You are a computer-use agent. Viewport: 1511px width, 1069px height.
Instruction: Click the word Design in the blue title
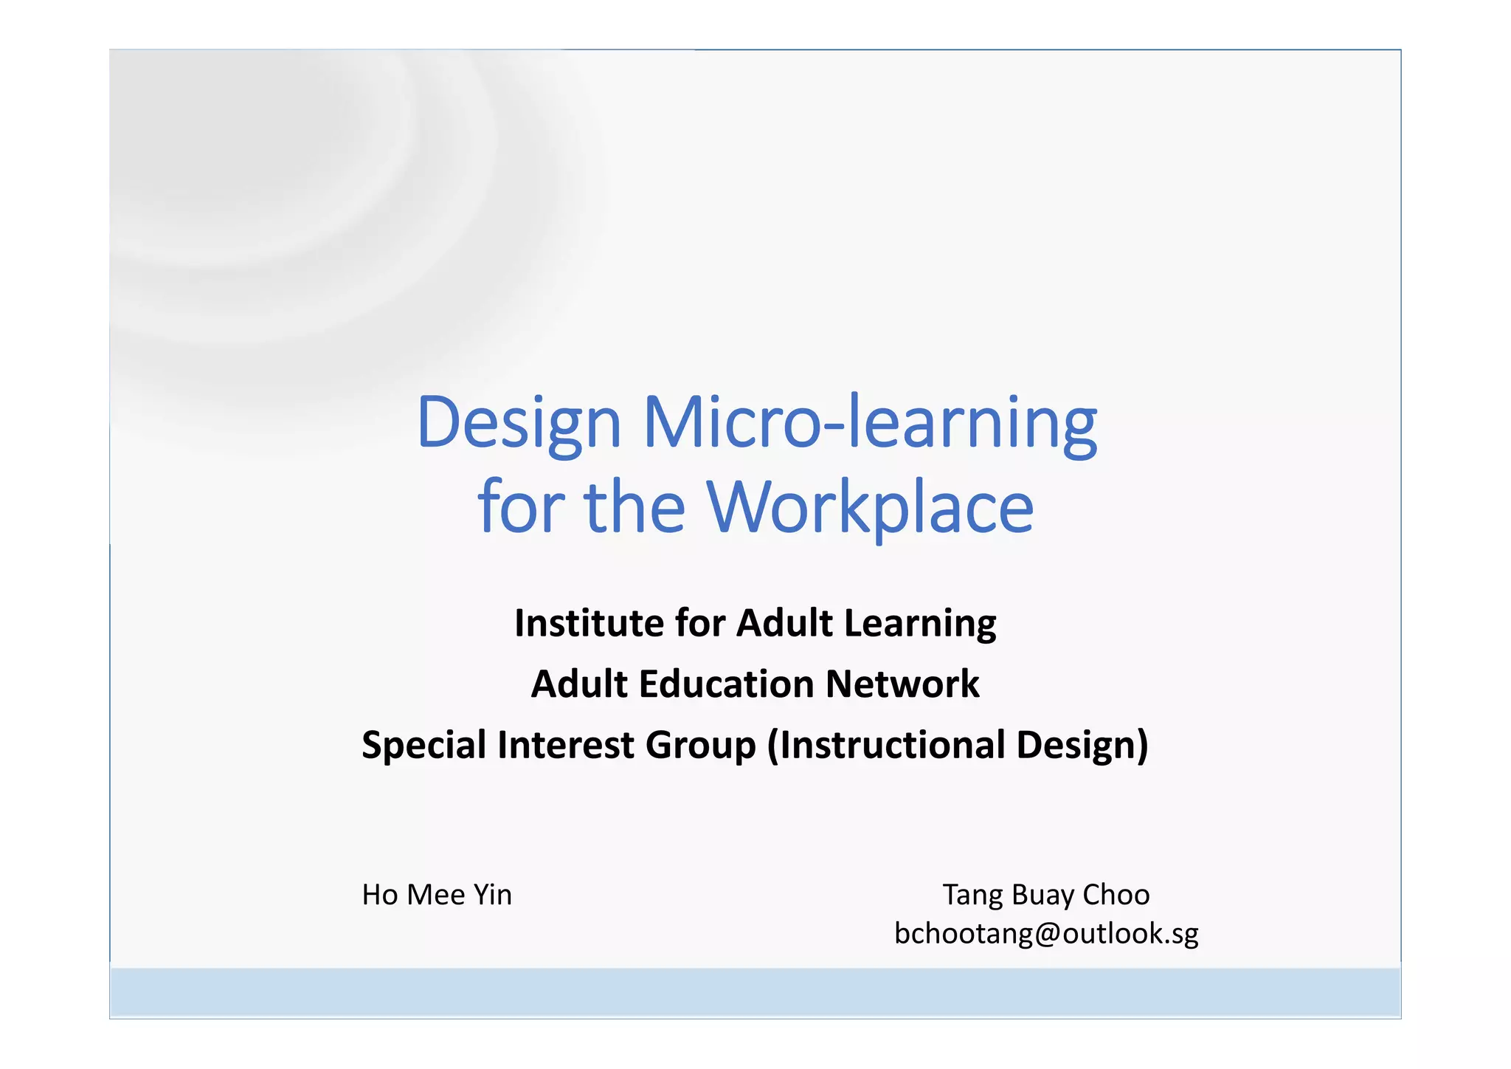tap(519, 422)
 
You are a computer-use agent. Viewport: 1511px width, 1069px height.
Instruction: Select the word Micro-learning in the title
tap(870, 422)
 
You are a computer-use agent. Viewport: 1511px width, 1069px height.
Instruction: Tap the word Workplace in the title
tap(870, 507)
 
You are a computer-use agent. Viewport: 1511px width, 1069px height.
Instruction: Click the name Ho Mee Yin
tap(437, 895)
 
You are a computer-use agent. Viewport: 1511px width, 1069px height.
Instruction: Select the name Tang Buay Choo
tap(1045, 895)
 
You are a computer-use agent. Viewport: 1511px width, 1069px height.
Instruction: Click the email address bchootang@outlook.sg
tap(1046, 934)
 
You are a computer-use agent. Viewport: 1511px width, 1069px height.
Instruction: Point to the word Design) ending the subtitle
tap(1082, 745)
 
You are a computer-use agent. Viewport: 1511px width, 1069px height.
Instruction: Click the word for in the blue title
tap(521, 507)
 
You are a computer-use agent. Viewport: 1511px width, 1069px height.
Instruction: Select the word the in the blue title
tap(635, 507)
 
